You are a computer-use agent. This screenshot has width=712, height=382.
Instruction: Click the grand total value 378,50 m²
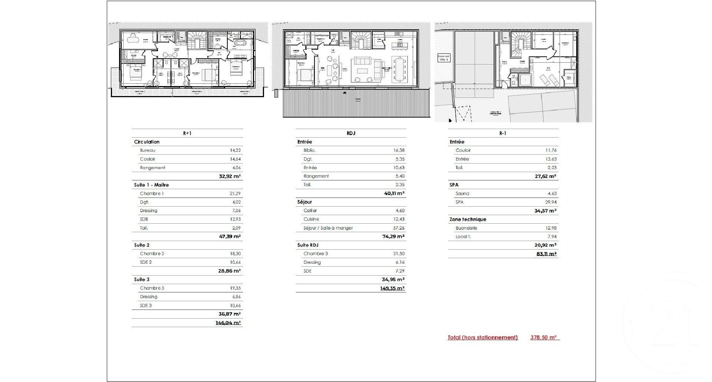click(x=544, y=337)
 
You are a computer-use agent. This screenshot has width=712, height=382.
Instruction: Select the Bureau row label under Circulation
click(x=148, y=151)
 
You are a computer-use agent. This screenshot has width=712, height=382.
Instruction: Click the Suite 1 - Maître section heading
click(x=151, y=185)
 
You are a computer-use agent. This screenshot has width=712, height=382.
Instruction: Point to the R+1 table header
click(x=187, y=133)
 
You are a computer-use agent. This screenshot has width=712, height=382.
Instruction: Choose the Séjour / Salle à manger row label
click(x=328, y=228)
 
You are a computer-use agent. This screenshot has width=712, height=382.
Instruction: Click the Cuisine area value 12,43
click(x=399, y=219)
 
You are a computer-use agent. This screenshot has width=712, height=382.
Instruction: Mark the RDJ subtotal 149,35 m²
click(x=392, y=288)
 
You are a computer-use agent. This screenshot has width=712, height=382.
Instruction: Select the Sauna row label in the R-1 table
click(x=462, y=194)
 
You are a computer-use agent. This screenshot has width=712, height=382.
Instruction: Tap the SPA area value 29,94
click(x=551, y=202)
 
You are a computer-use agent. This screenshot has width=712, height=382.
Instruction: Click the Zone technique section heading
click(x=468, y=219)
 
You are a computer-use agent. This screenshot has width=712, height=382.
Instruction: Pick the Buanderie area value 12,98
click(x=551, y=228)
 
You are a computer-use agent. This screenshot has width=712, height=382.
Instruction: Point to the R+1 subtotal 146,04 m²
click(x=228, y=323)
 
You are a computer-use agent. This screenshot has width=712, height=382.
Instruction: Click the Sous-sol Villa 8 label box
click(x=444, y=57)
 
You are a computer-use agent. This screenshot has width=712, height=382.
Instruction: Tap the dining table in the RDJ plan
click(x=400, y=69)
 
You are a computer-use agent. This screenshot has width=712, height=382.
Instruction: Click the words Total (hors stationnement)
click(x=482, y=337)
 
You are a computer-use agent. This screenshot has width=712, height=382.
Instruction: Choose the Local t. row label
click(x=463, y=237)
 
